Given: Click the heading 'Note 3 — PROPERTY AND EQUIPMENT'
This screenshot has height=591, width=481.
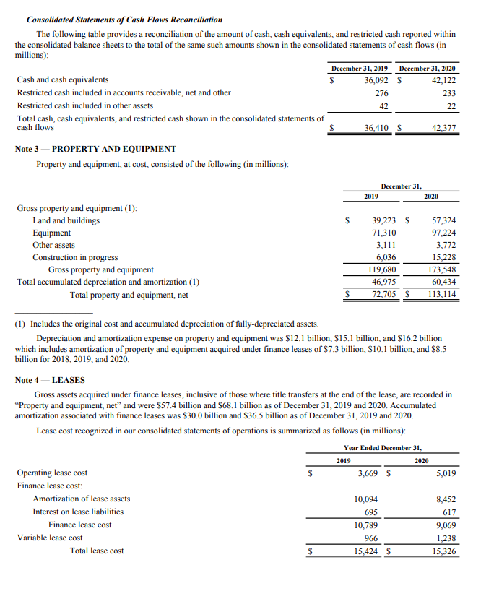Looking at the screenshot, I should point(95,149).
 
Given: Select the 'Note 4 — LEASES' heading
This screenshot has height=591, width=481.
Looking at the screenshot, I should point(50,380).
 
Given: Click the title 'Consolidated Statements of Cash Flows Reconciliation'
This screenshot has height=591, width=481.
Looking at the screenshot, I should point(124,20).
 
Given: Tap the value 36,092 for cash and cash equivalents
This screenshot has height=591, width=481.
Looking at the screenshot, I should point(374,79).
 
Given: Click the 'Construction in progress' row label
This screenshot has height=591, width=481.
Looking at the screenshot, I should point(75,257).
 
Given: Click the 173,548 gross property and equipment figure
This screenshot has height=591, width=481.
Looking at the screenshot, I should point(441,269).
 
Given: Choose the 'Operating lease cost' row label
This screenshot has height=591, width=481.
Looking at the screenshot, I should point(52,473).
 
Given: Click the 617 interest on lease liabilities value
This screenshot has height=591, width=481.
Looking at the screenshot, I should point(447,512).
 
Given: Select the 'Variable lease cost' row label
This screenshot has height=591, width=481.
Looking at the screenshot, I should point(50,538).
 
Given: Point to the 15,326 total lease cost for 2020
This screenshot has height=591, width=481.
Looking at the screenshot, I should point(442,551).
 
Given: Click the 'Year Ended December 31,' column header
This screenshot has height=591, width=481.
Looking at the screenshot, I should point(383,448).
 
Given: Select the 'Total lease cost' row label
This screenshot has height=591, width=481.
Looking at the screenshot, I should point(96,551).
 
